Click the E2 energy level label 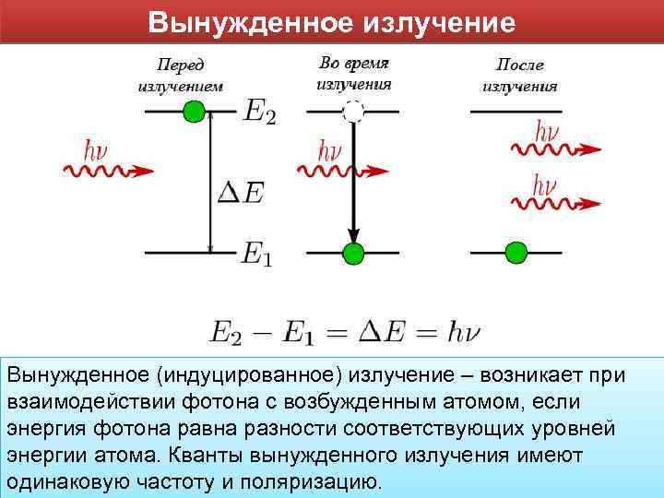coord(259,113)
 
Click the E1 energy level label coord(257,254)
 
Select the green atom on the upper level coord(192,113)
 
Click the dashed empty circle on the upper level coord(352,113)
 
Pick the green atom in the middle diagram coord(351,252)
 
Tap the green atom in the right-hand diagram coord(516,252)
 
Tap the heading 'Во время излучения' coord(354,73)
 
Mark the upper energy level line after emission coord(516,113)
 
